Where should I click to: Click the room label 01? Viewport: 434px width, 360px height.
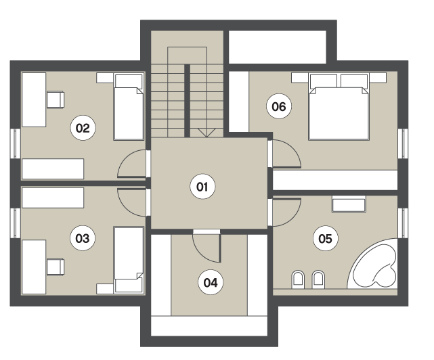pos(202,187)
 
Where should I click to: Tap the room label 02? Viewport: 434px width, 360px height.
pos(83,128)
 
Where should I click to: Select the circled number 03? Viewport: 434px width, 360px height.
pos(83,238)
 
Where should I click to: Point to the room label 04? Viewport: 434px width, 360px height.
pos(211,283)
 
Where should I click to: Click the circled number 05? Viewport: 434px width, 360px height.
pos(326,238)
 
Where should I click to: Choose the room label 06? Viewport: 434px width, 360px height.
pos(279,106)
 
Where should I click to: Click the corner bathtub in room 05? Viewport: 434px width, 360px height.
pos(373,265)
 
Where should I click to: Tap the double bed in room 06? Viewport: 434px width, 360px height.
pos(339,106)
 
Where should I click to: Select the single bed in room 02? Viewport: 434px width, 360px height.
pos(129,107)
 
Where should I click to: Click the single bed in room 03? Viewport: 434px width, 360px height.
pos(129,260)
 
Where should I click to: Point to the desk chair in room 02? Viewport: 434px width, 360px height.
pos(56,100)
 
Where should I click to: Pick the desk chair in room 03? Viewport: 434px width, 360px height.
pos(56,267)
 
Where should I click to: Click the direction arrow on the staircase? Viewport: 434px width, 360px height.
pos(207,133)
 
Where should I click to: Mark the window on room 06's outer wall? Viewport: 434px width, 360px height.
pos(403,144)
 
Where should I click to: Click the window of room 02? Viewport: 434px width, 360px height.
pos(16,144)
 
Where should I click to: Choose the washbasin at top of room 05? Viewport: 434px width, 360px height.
pos(349,204)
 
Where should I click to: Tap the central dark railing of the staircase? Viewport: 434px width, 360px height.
pos(187,101)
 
